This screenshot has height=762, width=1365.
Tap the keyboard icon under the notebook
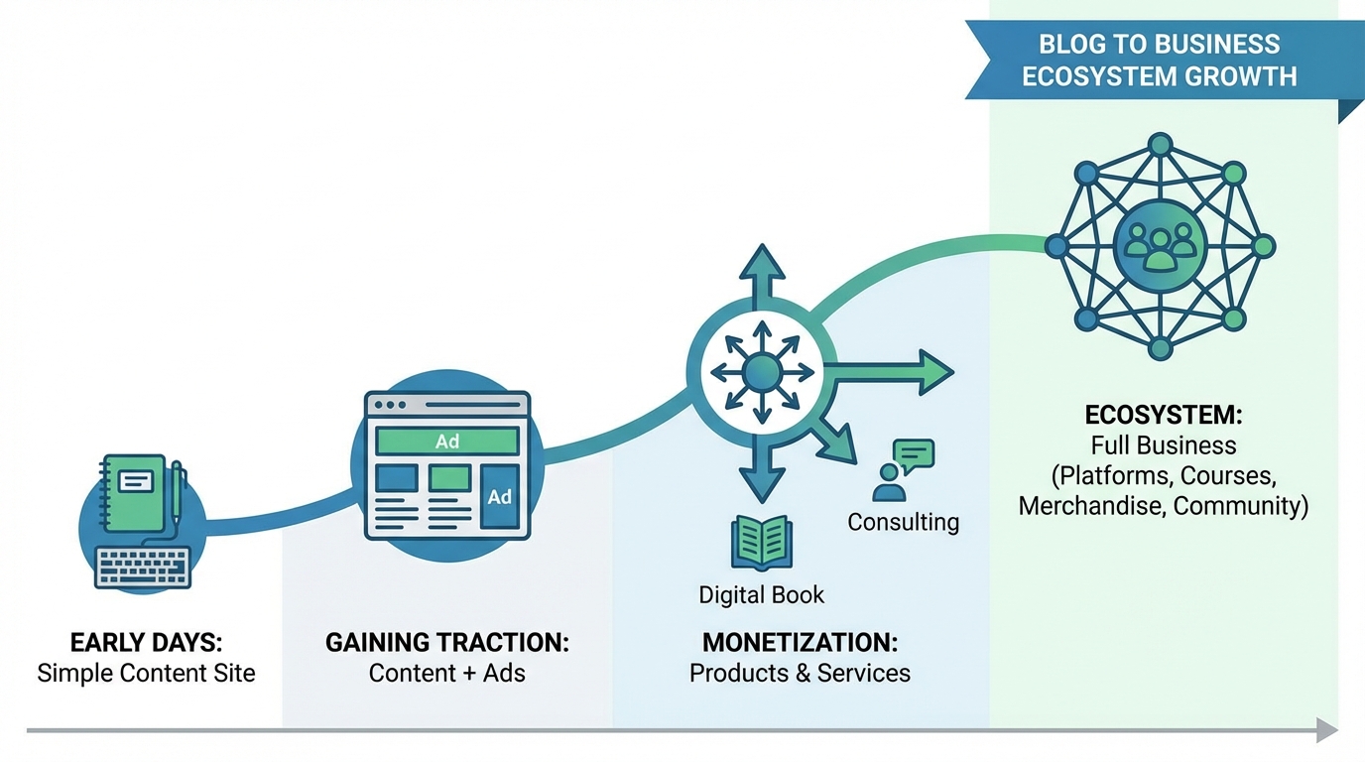point(143,567)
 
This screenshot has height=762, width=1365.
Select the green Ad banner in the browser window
point(446,442)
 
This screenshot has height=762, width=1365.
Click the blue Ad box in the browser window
point(499,496)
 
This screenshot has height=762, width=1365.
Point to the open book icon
point(761,542)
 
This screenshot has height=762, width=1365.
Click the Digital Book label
point(761,594)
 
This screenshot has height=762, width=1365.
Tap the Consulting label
point(903,522)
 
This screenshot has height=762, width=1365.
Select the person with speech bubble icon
point(903,470)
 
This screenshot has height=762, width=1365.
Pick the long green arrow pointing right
point(888,372)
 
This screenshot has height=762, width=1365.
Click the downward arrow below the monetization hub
point(761,476)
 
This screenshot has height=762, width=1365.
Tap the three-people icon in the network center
point(1159,245)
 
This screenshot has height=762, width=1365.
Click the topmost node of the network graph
point(1159,144)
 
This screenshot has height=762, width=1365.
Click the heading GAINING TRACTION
point(446,642)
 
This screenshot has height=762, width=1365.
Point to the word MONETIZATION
point(800,642)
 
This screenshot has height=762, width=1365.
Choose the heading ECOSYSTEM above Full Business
point(1163,415)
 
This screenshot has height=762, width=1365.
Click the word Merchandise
point(1091,505)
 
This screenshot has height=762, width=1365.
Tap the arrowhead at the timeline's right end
point(1327,731)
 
